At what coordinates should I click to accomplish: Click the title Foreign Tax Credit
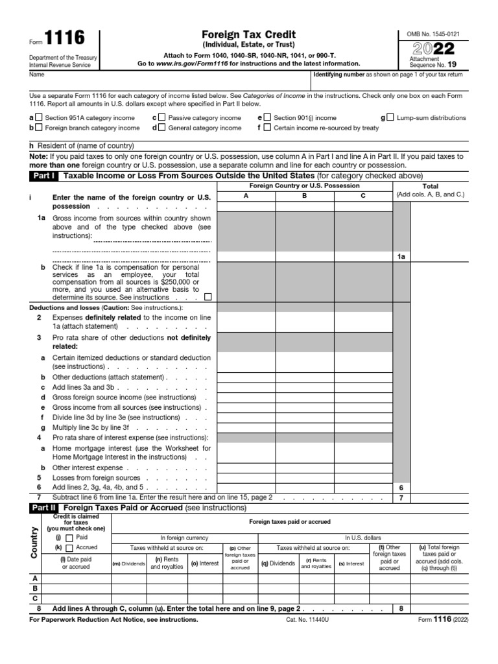[x=249, y=35]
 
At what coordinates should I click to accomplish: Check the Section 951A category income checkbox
[x=39, y=118]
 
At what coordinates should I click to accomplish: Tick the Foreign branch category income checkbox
[x=39, y=128]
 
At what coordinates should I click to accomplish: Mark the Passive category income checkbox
[x=161, y=118]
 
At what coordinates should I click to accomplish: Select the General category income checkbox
[x=161, y=128]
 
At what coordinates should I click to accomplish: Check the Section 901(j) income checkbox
[x=267, y=118]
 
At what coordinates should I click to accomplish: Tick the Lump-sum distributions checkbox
[x=390, y=118]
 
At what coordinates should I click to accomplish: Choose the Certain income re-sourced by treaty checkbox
[x=267, y=128]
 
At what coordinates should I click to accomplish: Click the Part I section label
[x=43, y=176]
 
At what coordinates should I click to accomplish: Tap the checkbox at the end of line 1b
[x=207, y=297]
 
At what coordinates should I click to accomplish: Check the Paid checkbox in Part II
[x=69, y=538]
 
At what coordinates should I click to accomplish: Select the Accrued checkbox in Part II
[x=69, y=547]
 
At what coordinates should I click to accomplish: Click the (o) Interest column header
[x=204, y=563]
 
